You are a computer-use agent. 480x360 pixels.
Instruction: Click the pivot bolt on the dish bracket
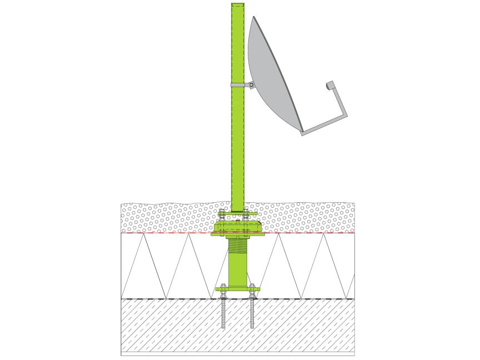tap(252, 85)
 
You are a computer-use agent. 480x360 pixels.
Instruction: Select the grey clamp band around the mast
tap(238, 85)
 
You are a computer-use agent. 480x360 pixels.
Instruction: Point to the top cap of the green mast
tap(237, 5)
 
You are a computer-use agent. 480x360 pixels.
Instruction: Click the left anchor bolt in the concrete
tap(223, 314)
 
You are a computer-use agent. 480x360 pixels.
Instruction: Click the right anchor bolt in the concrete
tap(252, 314)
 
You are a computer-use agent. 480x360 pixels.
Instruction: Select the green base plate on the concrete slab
tap(238, 289)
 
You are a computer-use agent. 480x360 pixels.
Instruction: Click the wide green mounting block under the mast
tap(238, 226)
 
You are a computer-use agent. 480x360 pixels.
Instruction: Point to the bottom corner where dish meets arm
tap(302, 132)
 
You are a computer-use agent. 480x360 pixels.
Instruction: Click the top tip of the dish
tap(254, 17)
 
